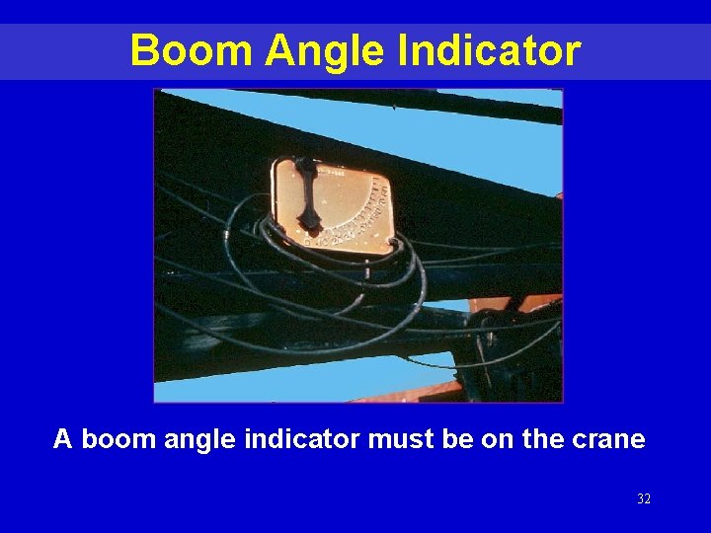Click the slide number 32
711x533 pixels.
(644, 499)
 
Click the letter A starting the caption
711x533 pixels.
(63, 439)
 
